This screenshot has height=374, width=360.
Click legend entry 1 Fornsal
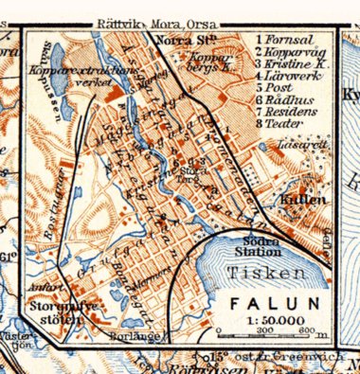tap(285, 40)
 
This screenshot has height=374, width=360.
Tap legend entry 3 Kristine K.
tap(291, 62)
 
